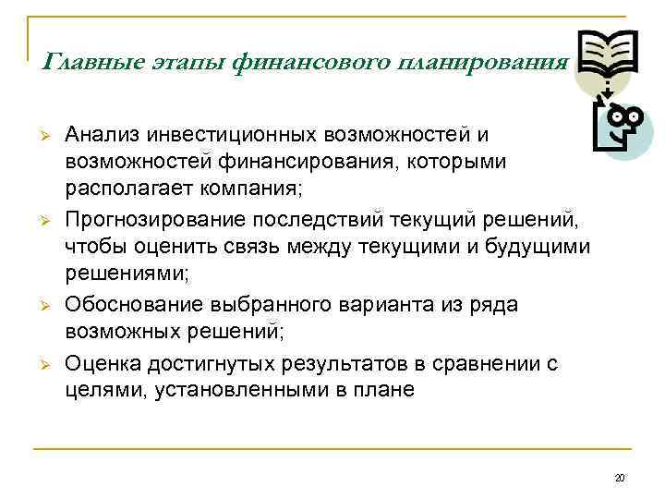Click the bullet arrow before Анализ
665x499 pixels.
click(42, 135)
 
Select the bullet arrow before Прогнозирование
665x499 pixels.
click(42, 222)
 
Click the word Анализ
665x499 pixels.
click(103, 135)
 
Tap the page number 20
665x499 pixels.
click(620, 478)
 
